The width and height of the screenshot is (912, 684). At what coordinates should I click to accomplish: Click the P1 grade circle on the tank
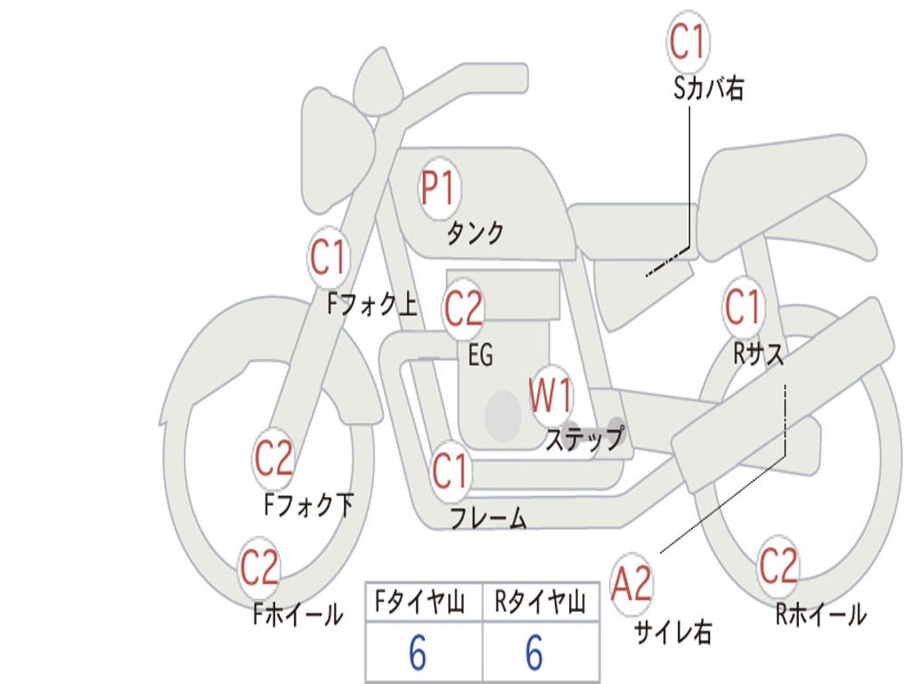point(438,190)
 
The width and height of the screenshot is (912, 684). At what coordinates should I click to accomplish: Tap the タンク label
point(475,233)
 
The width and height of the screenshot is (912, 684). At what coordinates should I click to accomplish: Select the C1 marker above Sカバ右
point(688,42)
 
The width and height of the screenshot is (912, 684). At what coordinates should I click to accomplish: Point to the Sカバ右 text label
point(709,89)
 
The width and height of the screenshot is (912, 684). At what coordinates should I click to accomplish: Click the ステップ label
point(584,439)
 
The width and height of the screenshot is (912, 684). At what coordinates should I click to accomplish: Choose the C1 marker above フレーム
point(451,471)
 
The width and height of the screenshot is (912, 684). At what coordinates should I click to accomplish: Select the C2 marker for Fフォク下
point(274,459)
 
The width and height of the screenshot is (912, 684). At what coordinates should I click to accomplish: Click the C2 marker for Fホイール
point(260,568)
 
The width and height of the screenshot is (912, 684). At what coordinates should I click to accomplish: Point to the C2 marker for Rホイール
point(778,566)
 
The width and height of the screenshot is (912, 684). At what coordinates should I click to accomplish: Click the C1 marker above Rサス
point(743,308)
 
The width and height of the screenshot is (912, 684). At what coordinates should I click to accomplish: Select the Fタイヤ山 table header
point(420,605)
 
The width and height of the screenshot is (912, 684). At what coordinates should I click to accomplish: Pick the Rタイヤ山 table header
point(540,605)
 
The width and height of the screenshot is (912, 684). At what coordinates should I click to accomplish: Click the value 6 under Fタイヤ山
point(418,654)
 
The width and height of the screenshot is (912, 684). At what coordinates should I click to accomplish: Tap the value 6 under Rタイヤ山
point(534,654)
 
